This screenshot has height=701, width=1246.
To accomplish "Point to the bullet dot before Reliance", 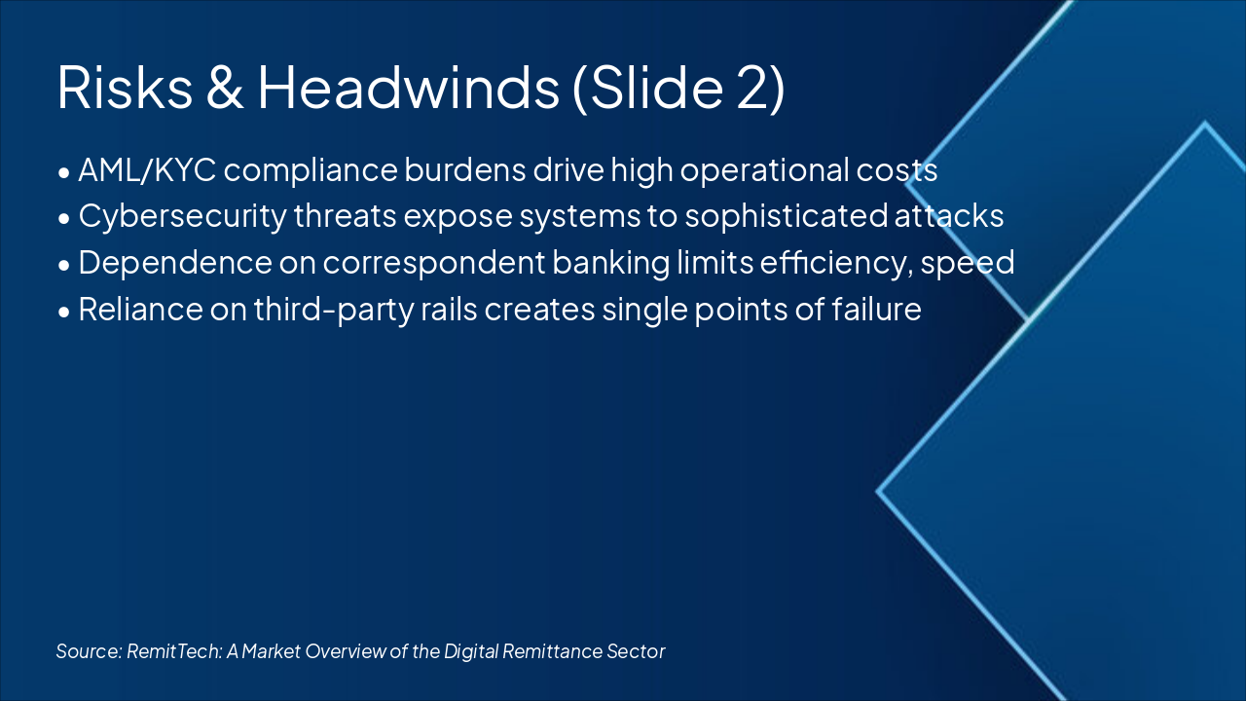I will coord(63,312).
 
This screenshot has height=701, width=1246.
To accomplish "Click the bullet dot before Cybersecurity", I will coord(63,218).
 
